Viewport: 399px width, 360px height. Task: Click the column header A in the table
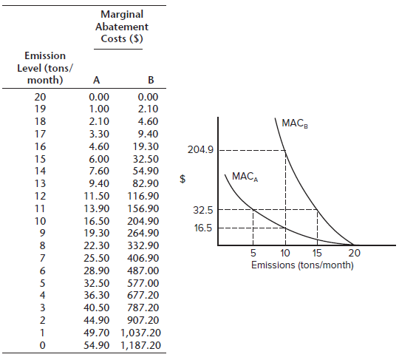coord(97,80)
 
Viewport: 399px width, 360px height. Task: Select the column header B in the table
coord(151,80)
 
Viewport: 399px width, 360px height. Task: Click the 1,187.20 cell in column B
coord(140,345)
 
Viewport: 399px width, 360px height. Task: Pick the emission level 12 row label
coord(40,196)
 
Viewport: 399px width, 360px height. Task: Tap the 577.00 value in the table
coord(143,283)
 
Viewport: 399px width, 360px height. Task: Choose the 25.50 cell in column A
coord(97,258)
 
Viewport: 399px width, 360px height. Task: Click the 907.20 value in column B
coord(143,320)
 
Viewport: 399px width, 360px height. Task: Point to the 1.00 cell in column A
coord(99,109)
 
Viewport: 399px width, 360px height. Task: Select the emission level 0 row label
coord(43,345)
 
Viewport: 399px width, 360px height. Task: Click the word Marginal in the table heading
coord(122,14)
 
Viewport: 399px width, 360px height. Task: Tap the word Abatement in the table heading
coord(122,27)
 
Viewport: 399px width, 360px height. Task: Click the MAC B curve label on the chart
coord(295,123)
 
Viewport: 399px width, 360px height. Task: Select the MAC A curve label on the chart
coord(245,177)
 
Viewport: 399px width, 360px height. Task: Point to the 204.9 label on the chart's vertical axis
coord(200,150)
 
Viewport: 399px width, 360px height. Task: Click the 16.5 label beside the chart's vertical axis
coord(202,228)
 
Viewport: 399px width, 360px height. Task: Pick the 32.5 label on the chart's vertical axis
coord(202,210)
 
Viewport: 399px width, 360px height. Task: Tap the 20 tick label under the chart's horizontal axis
coord(354,253)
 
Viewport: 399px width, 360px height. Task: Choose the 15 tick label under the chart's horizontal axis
coord(317,253)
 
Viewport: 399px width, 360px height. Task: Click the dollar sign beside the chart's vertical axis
coord(183,179)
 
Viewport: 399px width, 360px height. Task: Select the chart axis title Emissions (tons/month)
coord(302,265)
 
